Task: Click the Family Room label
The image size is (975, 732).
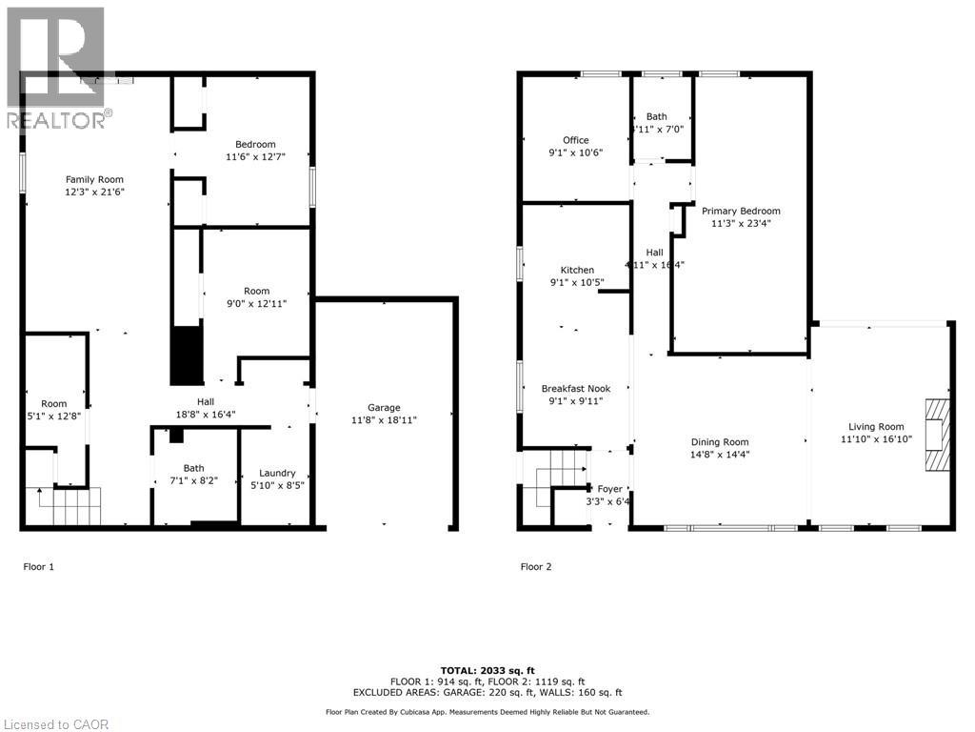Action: pos(94,179)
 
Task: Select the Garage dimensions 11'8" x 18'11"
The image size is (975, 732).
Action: pos(384,419)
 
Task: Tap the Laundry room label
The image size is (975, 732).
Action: pos(277,473)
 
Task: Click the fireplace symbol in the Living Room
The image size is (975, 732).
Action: pos(938,434)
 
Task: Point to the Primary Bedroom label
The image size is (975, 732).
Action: pos(741,212)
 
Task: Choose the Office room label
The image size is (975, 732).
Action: pos(575,140)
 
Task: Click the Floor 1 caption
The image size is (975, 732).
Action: pos(39,567)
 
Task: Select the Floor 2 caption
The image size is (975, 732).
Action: pos(536,567)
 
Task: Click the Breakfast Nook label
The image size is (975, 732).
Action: pos(575,389)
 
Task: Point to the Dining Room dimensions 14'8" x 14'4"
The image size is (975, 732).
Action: pos(719,455)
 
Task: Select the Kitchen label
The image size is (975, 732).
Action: pos(577,271)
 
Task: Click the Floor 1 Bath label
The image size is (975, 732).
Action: pos(194,468)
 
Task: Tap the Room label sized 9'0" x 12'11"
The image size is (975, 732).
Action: pos(256,292)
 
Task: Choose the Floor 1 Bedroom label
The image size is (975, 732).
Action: pos(255,144)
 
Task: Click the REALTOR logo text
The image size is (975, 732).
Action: pos(57,120)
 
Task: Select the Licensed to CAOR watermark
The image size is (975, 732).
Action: pos(55,724)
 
